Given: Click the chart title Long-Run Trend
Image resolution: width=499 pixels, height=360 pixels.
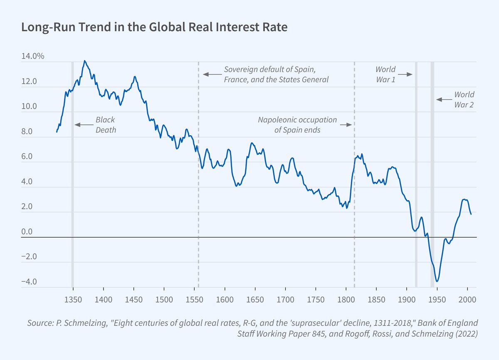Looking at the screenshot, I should pyautogui.click(x=154, y=28).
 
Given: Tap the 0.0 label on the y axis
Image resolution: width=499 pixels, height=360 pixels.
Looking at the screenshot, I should pyautogui.click(x=26, y=232).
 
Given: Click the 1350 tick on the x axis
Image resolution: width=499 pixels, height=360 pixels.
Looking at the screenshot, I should pyautogui.click(x=73, y=300).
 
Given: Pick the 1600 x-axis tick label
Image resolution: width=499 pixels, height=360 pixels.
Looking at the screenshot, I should pyautogui.click(x=225, y=300).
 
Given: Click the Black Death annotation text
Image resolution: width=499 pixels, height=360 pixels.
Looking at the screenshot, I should pyautogui.click(x=105, y=124).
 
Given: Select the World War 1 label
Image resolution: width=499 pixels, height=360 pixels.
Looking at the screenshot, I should pyautogui.click(x=385, y=74).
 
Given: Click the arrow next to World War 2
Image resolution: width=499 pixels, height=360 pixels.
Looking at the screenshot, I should pyautogui.click(x=444, y=99).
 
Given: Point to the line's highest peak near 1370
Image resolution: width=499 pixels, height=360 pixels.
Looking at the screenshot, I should pyautogui.click(x=84, y=61).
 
